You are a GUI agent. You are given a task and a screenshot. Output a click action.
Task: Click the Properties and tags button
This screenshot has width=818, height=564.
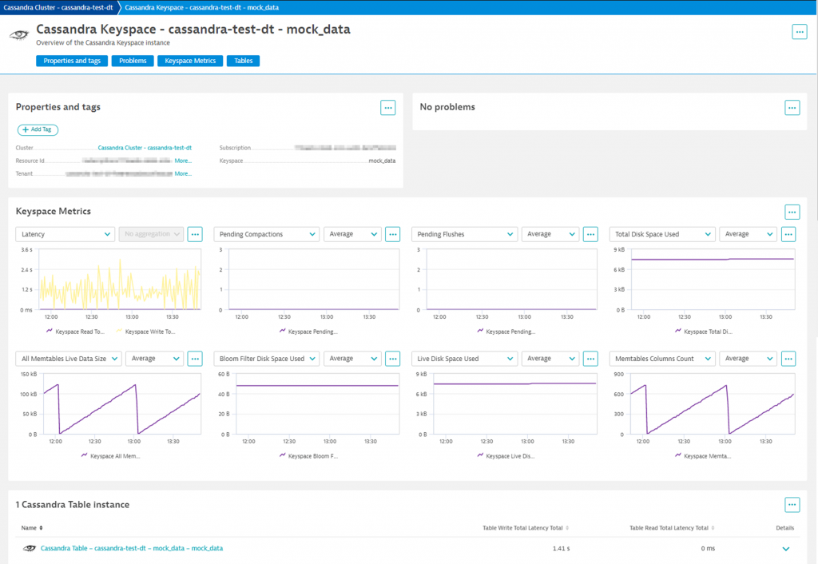click(x=72, y=61)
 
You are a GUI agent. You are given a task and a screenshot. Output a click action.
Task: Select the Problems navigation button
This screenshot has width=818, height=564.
click(x=132, y=61)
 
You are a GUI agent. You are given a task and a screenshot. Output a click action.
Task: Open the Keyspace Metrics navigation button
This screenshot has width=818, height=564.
click(x=189, y=61)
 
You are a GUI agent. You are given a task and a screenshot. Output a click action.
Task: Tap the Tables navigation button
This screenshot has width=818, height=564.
click(x=243, y=61)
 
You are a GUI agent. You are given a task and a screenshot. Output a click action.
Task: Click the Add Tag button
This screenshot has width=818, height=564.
click(x=38, y=129)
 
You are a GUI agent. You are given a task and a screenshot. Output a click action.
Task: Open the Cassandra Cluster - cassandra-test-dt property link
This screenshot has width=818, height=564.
click(x=145, y=148)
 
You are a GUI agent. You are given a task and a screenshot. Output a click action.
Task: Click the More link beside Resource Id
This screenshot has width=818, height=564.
click(x=183, y=161)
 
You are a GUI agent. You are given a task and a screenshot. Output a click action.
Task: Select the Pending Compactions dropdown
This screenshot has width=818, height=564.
click(x=266, y=234)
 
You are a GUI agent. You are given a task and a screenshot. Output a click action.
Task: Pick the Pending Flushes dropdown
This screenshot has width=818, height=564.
click(x=464, y=234)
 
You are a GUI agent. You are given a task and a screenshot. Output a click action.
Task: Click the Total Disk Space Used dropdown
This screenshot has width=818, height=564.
click(x=662, y=234)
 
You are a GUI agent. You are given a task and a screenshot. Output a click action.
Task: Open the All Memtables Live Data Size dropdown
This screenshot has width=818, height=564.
click(x=69, y=359)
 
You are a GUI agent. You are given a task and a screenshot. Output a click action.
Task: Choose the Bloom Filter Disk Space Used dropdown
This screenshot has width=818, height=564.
click(x=267, y=359)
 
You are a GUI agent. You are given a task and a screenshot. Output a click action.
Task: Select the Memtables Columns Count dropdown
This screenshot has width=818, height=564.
click(x=662, y=359)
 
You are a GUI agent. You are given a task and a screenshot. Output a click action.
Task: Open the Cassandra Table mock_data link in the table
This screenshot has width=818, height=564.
click(x=132, y=548)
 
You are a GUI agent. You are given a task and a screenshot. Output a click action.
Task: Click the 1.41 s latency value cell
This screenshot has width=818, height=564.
click(x=562, y=549)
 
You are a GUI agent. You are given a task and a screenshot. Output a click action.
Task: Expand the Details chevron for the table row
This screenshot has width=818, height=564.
click(x=785, y=549)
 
